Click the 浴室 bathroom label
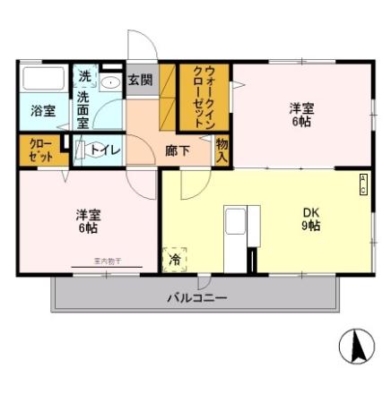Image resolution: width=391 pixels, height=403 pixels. [x=43, y=112]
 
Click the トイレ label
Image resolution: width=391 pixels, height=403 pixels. [x=109, y=150]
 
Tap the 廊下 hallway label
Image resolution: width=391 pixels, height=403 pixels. [x=178, y=150]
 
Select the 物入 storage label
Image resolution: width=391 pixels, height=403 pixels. [x=222, y=150]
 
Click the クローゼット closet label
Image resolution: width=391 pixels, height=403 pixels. [x=40, y=150]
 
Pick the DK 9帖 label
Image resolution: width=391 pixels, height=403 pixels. [x=310, y=219]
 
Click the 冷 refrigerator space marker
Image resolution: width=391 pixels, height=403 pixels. [x=174, y=260]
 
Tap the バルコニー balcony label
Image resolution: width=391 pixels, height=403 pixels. [x=196, y=297]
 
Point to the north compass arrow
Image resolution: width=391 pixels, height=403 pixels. [x=356, y=346]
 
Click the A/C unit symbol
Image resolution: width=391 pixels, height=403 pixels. [x=363, y=184]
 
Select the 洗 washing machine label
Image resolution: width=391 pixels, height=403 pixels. [x=84, y=76]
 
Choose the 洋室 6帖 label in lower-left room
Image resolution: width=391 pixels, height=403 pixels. [x=88, y=221]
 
